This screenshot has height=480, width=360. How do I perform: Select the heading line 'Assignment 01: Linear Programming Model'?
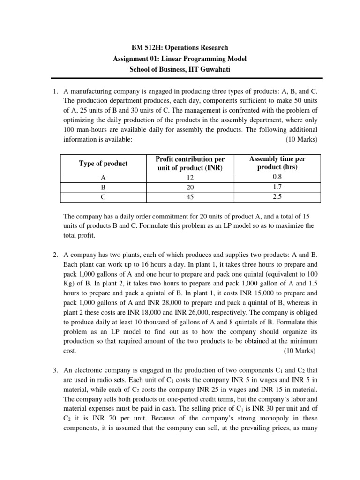click(180, 59)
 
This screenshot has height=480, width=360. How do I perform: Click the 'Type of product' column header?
click(103, 163)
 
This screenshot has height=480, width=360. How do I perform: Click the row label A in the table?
click(103, 178)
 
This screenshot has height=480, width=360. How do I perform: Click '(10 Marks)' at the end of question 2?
click(300, 351)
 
